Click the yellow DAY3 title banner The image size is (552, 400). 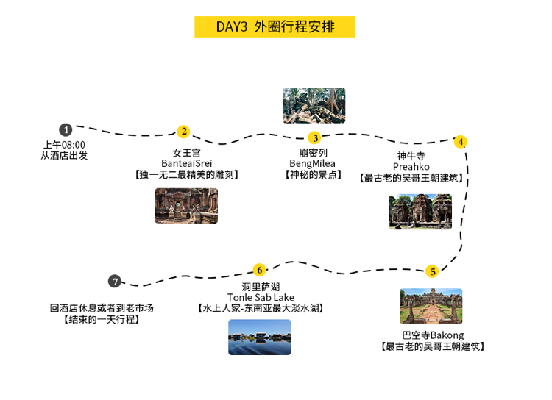pyautogui.click(x=275, y=27)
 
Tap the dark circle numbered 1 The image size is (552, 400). pyautogui.click(x=66, y=130)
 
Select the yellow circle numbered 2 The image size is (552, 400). pyautogui.click(x=183, y=132)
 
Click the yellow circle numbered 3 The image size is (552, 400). pyautogui.click(x=314, y=137)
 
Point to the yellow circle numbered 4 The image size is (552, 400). pyautogui.click(x=461, y=141)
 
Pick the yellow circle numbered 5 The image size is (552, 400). pyautogui.click(x=433, y=271)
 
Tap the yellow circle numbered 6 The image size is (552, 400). pyautogui.click(x=259, y=270)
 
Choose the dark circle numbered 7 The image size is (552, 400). pyautogui.click(x=114, y=281)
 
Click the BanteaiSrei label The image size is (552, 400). pyautogui.click(x=186, y=163)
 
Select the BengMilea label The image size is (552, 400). pyautogui.click(x=314, y=163)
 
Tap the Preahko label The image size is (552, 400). pyautogui.click(x=411, y=167)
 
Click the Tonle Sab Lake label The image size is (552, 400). pyautogui.click(x=261, y=298)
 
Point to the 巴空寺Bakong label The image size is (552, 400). pyautogui.click(x=432, y=335)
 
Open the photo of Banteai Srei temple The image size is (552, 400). pyautogui.click(x=186, y=206)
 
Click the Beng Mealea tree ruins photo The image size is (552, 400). pyautogui.click(x=314, y=105)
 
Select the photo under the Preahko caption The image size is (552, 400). pyautogui.click(x=420, y=212)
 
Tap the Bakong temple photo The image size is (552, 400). pyautogui.click(x=431, y=307)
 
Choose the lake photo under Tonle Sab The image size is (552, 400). pyautogui.click(x=260, y=337)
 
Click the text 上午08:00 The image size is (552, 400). pyautogui.click(x=64, y=145)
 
